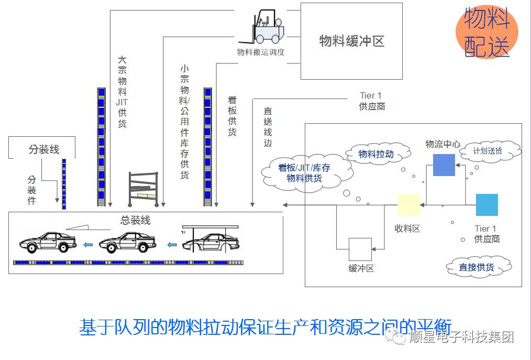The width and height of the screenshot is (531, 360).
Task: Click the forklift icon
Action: pos(267,28)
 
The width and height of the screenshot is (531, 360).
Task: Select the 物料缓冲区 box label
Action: pos(352,41)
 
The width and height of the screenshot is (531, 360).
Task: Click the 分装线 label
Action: pos(43,149)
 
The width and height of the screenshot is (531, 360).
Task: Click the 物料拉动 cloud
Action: pos(375,154)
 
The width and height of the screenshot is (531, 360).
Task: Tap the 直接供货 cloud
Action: pos(477,267)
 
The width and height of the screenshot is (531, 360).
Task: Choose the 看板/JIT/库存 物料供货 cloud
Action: pos(304,173)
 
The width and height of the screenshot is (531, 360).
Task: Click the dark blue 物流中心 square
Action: pos(444,165)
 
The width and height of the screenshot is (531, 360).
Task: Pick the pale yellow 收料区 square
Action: pos(408,204)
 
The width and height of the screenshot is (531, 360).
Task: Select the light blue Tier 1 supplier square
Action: pos(486,205)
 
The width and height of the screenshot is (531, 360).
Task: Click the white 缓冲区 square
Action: pos(360,249)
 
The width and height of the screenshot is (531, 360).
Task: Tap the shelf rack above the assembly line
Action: pos(142,188)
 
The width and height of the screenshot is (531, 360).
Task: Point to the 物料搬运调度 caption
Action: pos(261,52)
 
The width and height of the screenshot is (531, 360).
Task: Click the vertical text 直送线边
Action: pos(268,126)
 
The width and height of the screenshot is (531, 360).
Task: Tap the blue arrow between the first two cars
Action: pos(88,244)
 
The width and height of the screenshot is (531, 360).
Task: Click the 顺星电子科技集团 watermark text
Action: pos(461,337)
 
